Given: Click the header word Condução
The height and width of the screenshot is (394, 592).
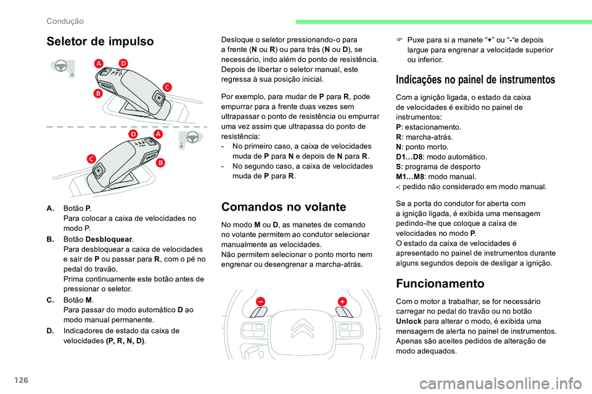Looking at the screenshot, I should [65, 21].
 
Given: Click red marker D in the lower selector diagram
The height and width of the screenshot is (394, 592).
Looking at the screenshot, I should [133, 134].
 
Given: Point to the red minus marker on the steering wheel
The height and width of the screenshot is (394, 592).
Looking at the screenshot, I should [261, 301].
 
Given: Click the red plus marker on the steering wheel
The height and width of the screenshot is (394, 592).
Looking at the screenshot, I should [341, 300].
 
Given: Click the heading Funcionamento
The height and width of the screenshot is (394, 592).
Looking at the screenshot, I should [440, 283].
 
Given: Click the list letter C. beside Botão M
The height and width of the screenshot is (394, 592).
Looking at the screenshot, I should [50, 299].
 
